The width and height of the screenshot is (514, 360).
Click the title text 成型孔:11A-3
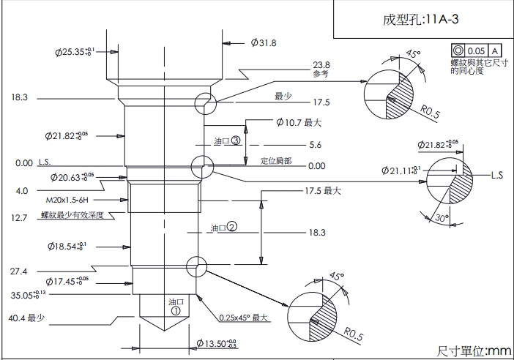[x=420, y=20]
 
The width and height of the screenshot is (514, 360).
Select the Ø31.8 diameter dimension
[x=263, y=43]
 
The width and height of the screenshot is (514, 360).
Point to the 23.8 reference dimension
[x=321, y=64]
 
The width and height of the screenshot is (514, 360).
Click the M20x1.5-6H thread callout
[x=67, y=199]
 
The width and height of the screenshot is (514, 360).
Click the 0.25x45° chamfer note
[x=245, y=318]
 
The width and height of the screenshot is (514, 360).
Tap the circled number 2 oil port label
[x=231, y=227]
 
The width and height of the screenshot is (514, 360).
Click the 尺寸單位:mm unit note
[x=474, y=351]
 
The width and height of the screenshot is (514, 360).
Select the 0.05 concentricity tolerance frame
[x=477, y=50]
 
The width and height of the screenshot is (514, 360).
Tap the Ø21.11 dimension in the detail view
[x=401, y=171]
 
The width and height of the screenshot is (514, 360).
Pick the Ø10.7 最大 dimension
[x=299, y=122]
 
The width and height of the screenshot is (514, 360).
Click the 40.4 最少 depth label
[x=27, y=318]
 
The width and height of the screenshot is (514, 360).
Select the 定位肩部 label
[x=276, y=161]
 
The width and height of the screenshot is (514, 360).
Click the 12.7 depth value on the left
[x=19, y=218]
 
